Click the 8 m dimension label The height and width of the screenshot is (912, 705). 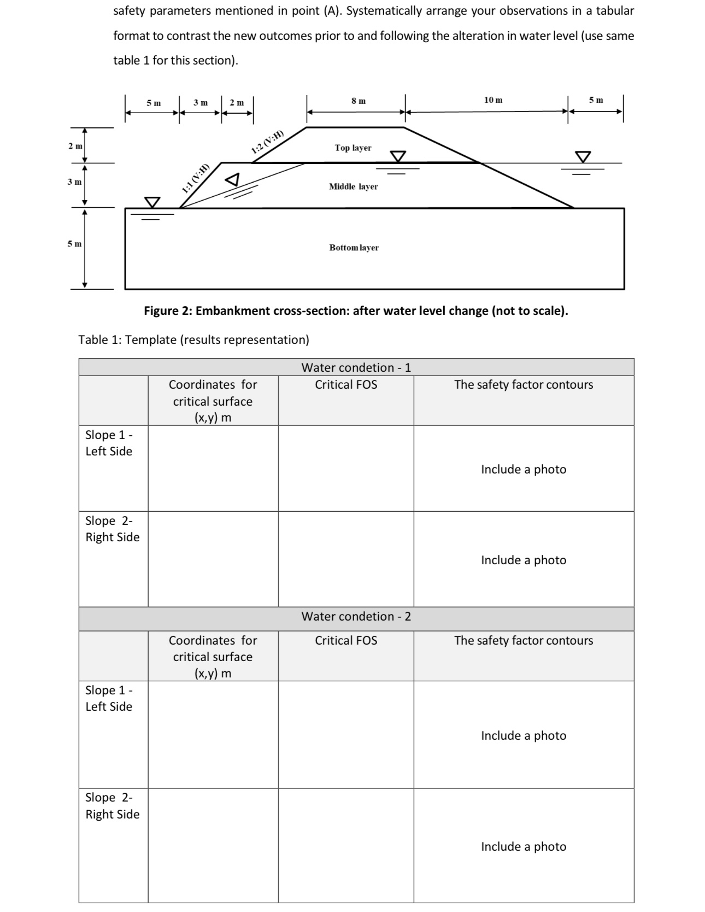click(x=359, y=101)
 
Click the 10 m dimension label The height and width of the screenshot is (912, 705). click(x=493, y=100)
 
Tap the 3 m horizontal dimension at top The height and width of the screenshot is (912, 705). click(x=200, y=103)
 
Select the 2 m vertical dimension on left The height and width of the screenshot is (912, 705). click(x=75, y=146)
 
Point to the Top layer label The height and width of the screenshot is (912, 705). click(x=352, y=148)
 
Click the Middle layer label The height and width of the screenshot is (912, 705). click(x=353, y=186)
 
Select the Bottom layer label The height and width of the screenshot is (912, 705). click(x=354, y=248)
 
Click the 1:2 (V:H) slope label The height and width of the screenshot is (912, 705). click(x=268, y=142)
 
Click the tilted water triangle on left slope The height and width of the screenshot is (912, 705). click(x=233, y=179)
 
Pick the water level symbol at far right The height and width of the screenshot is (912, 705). click(x=583, y=157)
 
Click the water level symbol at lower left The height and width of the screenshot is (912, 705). click(x=152, y=202)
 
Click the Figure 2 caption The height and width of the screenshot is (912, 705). click(x=356, y=311)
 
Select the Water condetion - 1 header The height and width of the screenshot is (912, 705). click(x=356, y=367)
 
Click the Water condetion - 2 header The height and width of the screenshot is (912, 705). click(x=356, y=617)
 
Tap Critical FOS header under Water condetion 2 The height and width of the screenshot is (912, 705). click(x=345, y=640)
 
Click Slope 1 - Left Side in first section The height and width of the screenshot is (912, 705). click(x=109, y=443)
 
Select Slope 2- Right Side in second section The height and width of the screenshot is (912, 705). click(x=112, y=806)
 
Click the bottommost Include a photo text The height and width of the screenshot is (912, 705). click(x=523, y=846)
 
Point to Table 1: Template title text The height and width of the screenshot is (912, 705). click(x=193, y=340)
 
